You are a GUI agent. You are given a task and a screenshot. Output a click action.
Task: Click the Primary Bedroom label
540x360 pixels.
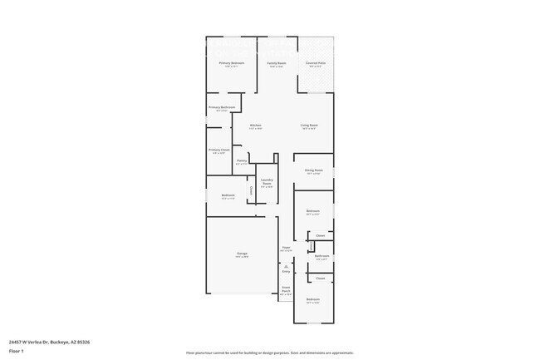point(231,63)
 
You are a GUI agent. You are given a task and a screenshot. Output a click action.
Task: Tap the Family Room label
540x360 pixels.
point(276,63)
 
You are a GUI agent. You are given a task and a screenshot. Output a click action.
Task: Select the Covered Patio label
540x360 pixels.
point(316,63)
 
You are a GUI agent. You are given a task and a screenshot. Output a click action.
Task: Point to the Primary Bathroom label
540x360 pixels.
point(222,107)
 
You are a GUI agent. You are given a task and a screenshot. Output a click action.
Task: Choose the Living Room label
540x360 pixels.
point(309,126)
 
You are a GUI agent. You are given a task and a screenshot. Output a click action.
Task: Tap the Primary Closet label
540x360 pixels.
point(219,150)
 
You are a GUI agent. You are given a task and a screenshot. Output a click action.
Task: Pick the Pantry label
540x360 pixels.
point(241,160)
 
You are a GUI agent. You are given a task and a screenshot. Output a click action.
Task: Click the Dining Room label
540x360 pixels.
point(313,170)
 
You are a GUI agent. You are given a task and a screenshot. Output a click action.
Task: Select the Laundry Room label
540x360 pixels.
point(267,181)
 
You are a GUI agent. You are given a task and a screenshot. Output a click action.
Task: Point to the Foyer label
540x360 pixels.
point(286,247)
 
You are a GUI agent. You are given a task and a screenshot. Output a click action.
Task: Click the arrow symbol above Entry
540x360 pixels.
point(286,266)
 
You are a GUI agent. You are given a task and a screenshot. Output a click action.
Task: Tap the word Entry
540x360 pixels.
point(286,272)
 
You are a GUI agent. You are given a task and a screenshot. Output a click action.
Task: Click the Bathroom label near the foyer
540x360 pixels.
point(322,256)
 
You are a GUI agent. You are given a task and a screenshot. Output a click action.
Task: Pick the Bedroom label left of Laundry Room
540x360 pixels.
point(228,196)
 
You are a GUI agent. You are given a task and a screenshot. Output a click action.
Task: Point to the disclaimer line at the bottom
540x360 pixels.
point(270,353)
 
